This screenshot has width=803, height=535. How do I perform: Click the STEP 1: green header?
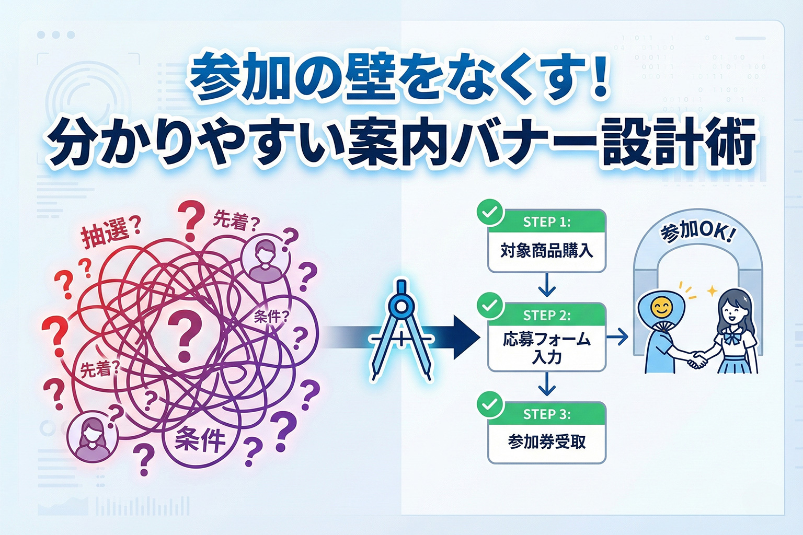[547, 222]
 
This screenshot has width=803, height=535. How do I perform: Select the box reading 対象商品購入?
[547, 251]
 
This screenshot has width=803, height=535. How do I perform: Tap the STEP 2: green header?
[547, 316]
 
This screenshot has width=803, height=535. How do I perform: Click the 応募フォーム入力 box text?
[547, 348]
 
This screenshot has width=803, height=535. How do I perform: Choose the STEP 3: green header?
[547, 414]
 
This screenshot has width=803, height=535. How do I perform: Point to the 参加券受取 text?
[547, 442]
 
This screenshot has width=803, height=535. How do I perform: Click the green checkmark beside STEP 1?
[490, 213]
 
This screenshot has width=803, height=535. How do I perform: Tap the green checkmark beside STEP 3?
[490, 404]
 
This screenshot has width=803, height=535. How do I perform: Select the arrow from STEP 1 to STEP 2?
[547, 287]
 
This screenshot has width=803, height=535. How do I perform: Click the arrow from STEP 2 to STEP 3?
[547, 386]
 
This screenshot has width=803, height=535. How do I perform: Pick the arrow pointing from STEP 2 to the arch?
[617, 337]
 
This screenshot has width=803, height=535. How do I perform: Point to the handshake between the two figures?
[697, 359]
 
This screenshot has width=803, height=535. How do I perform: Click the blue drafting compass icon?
[400, 329]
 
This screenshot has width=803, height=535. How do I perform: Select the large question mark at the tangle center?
[185, 334]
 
